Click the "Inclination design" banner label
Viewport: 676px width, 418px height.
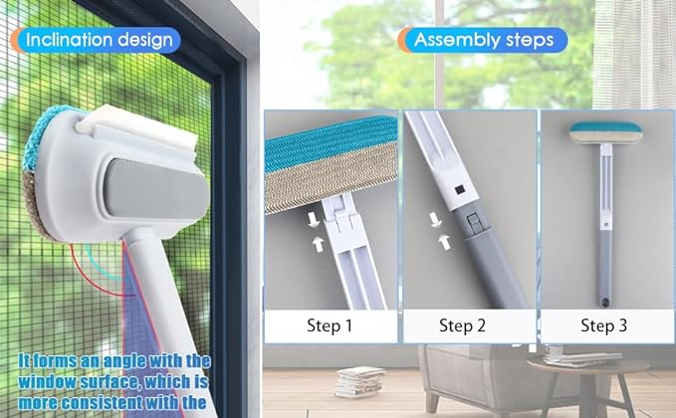pos(100,40)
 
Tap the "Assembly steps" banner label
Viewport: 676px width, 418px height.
pos(484,40)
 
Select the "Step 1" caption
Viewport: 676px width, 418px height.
pos(330,325)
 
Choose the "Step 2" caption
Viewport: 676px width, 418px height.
pos(462,325)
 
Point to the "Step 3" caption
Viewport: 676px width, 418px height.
pos(603,325)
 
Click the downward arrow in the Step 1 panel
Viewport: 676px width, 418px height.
pos(314,220)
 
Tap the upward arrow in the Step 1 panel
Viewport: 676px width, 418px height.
pos(319,244)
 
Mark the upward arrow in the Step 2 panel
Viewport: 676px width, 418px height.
pos(444,242)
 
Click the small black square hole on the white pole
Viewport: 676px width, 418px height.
pos(459,189)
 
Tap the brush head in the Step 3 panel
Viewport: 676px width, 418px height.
pos(605,132)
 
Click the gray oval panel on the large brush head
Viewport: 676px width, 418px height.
pos(156,189)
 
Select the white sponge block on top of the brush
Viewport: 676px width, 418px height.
pos(137,129)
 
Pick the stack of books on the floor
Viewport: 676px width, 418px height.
pos(359,382)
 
